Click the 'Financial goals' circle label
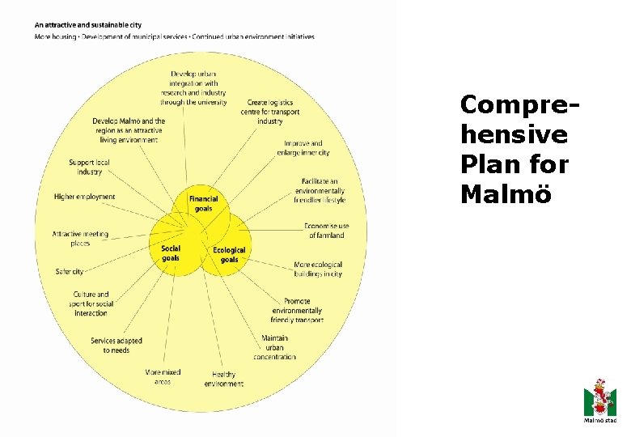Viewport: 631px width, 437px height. pyautogui.click(x=203, y=203)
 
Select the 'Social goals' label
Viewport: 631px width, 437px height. pyautogui.click(x=171, y=253)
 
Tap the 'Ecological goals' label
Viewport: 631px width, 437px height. pyautogui.click(x=229, y=255)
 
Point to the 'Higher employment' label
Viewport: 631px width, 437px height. pyautogui.click(x=84, y=197)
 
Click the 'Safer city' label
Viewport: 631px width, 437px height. pyautogui.click(x=70, y=272)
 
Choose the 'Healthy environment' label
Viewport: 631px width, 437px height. pyautogui.click(x=224, y=379)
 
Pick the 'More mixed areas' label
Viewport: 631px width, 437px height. pyautogui.click(x=163, y=376)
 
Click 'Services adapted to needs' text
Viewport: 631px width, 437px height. pyautogui.click(x=116, y=346)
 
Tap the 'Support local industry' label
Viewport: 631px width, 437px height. pyautogui.click(x=89, y=167)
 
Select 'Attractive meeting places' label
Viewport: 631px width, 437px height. pyautogui.click(x=80, y=239)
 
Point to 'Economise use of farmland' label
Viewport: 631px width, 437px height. pyautogui.click(x=326, y=231)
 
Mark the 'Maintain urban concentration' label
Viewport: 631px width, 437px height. pyautogui.click(x=274, y=347)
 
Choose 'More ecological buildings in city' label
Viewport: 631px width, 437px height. pyautogui.click(x=318, y=269)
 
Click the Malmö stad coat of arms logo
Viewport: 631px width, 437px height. pyautogui.click(x=599, y=397)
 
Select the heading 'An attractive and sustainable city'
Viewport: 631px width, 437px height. pyautogui.click(x=87, y=25)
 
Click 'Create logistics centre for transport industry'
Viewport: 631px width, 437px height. pyautogui.click(x=269, y=112)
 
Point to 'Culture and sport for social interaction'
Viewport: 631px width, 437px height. pyautogui.click(x=91, y=303)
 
